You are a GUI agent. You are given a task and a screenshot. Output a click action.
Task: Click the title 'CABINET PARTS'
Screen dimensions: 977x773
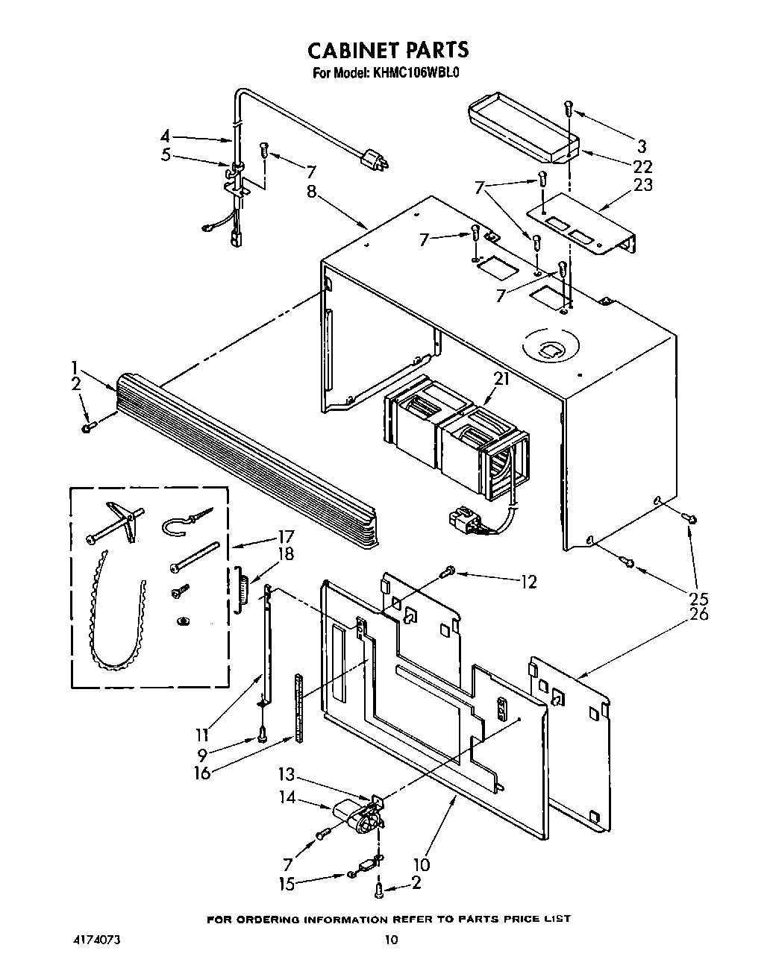pyautogui.click(x=388, y=49)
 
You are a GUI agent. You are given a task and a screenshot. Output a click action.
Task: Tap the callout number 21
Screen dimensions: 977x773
pyautogui.click(x=501, y=379)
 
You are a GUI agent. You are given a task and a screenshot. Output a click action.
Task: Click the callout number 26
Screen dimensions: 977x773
pyautogui.click(x=699, y=615)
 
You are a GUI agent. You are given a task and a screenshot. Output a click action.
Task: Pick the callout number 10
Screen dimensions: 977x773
pyautogui.click(x=422, y=865)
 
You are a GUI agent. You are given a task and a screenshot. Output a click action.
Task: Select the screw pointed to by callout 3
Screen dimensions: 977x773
pyautogui.click(x=569, y=108)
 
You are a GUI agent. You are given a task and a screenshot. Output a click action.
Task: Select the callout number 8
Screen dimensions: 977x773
pyautogui.click(x=312, y=192)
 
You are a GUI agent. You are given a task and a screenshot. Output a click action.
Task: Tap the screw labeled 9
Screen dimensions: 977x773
pyautogui.click(x=262, y=735)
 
